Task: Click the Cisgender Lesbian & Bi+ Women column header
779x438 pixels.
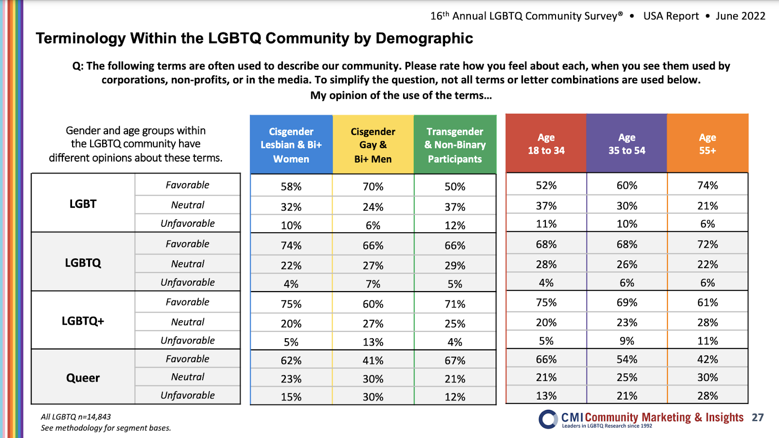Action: coord(291,145)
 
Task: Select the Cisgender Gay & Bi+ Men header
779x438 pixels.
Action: coord(373,145)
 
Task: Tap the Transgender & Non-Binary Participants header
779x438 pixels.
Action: coord(455,145)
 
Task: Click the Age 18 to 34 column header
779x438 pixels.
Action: coord(546,144)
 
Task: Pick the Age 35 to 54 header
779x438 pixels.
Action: coord(627,144)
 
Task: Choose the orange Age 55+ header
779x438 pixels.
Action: coord(707,144)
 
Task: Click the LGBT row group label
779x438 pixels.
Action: coord(83,204)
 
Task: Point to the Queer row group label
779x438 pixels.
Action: coord(83,378)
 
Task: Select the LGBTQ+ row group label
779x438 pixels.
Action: coord(83,321)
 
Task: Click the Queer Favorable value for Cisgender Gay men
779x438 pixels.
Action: coord(373,361)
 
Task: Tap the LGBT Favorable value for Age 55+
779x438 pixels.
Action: coord(707,185)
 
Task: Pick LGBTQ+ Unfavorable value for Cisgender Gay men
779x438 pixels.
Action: coord(373,342)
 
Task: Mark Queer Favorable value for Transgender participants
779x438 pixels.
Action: coord(455,361)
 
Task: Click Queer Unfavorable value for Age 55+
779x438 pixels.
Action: coord(707,396)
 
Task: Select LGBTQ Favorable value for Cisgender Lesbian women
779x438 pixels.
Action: coord(291,246)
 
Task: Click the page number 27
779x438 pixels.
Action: coord(758,418)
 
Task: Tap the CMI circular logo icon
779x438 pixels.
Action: coord(548,419)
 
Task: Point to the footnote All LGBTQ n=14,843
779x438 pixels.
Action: coord(76,417)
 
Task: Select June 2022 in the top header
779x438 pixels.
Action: coord(740,16)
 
